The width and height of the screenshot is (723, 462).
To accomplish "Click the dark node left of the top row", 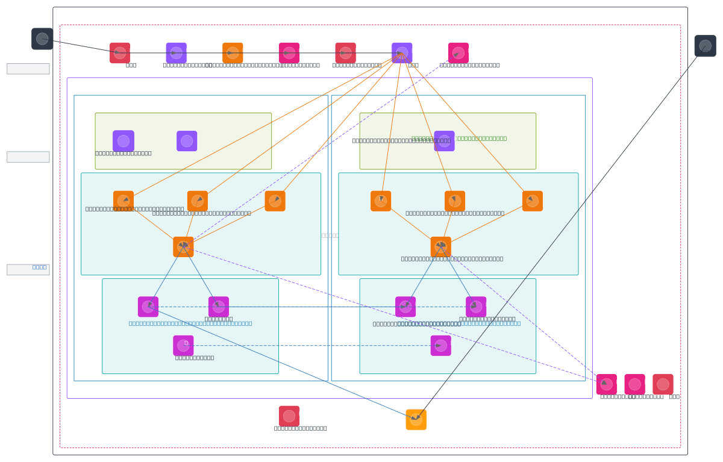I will tap(42, 39).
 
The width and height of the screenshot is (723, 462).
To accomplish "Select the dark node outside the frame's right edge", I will tap(705, 46).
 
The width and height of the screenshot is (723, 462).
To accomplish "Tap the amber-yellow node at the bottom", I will tap(416, 420).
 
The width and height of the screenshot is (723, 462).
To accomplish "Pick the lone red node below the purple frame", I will tap(289, 416).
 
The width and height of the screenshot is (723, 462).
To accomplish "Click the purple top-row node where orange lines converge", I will tap(402, 53).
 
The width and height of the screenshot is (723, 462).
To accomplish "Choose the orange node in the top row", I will tap(233, 53).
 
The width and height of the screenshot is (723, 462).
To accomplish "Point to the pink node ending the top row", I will tap(459, 53).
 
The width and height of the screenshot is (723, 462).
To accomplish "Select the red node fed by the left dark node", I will tap(120, 53).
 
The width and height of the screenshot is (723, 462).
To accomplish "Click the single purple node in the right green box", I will tap(444, 141).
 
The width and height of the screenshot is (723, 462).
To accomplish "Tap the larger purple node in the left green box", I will tap(124, 141).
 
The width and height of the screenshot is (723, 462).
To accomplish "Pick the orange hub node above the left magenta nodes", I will tap(183, 247).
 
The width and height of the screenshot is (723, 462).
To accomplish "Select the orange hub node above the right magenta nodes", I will tap(441, 247).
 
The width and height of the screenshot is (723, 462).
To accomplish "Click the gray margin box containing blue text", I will tap(28, 269).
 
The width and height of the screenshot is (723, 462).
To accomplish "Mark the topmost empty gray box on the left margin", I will tap(28, 69).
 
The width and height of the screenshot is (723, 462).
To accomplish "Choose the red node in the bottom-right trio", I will tap(663, 384).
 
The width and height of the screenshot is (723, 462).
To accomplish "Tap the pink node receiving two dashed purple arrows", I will tap(606, 384).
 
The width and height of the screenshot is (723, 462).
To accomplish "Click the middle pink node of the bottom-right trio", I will tap(634, 384).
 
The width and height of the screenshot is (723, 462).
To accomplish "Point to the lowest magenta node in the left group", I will tap(183, 346).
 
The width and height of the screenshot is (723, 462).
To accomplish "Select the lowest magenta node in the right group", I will tap(441, 346).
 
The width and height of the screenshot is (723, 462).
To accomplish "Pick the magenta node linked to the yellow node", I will tap(148, 307).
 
